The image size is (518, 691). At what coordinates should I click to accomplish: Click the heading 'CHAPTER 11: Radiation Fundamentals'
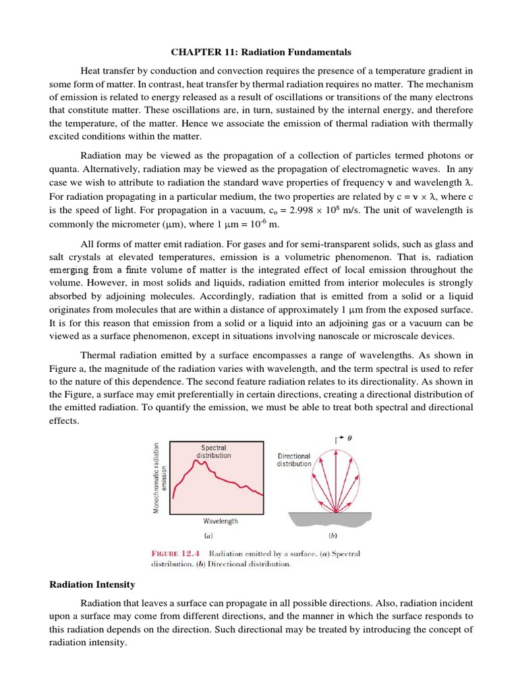(260, 52)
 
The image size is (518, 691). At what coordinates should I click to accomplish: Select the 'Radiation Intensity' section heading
(92, 584)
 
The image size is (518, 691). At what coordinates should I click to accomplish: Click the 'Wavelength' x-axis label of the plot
(220, 521)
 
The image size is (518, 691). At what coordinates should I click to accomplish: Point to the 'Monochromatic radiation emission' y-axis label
(161, 478)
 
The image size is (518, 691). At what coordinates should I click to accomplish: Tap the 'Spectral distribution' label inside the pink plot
(213, 451)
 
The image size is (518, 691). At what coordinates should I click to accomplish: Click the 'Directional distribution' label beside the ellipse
(294, 460)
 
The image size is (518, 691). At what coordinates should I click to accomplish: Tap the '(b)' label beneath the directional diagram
(333, 537)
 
